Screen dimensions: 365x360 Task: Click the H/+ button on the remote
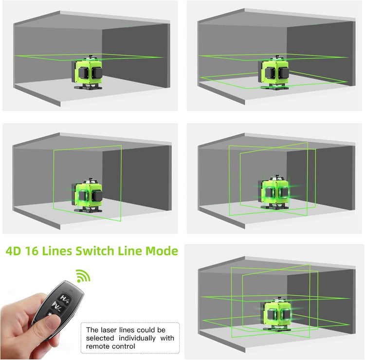[64, 299]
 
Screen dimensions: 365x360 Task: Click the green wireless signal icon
[83, 276]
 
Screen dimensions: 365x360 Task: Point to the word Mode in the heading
[162, 251]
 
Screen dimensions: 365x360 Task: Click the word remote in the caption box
[97, 346]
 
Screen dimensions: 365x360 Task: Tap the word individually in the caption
[137, 338]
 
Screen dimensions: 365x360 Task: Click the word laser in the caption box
[109, 330]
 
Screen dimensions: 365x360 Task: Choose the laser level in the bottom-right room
[276, 314]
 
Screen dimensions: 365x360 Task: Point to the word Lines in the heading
[57, 251]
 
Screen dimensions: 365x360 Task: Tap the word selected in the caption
[100, 338]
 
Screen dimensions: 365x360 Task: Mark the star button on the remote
[50, 315]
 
